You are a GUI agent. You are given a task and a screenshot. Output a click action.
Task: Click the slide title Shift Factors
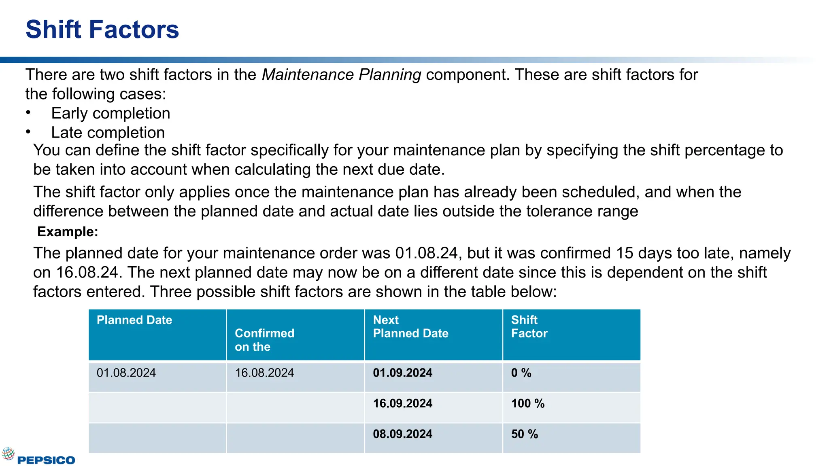click(x=102, y=30)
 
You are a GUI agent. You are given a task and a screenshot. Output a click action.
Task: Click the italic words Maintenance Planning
click(x=341, y=75)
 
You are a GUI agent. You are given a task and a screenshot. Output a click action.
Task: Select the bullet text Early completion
click(x=111, y=113)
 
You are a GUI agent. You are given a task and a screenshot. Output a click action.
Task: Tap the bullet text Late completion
click(x=108, y=133)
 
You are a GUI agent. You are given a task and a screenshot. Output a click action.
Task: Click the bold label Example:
click(x=68, y=232)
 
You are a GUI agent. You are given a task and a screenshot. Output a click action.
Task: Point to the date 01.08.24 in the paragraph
click(x=426, y=253)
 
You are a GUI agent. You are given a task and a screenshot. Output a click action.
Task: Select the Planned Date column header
click(x=134, y=320)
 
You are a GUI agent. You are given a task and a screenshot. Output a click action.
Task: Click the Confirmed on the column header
click(x=264, y=340)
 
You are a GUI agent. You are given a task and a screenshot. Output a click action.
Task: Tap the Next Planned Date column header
click(x=410, y=326)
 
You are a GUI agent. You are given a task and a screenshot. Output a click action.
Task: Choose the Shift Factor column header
click(x=529, y=326)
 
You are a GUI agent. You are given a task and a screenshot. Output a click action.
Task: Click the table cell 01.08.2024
click(x=126, y=373)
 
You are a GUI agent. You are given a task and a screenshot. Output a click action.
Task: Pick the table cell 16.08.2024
click(x=264, y=373)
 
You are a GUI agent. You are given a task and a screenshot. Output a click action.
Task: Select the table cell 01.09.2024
click(x=402, y=373)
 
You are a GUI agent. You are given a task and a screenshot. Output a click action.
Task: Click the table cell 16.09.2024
click(x=402, y=404)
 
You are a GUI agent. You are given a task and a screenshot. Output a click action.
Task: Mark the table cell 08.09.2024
click(x=402, y=434)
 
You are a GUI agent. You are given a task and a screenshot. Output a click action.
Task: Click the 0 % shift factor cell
click(x=521, y=373)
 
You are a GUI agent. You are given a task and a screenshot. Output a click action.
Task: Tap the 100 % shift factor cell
click(x=527, y=404)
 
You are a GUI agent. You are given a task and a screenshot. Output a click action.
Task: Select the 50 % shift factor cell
click(x=524, y=434)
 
